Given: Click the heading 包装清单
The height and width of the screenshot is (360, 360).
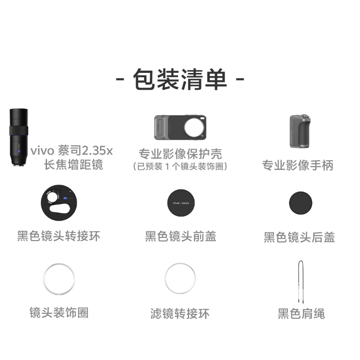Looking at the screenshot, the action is [180, 79].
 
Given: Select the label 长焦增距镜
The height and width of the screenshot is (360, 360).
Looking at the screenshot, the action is [73, 165].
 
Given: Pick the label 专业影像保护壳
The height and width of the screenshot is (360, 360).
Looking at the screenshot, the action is [180, 154].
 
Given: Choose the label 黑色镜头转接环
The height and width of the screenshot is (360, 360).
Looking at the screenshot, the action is [59, 236].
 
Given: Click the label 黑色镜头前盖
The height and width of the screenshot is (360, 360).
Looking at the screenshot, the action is [180, 236].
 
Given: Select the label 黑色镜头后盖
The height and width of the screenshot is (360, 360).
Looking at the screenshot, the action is [299, 237].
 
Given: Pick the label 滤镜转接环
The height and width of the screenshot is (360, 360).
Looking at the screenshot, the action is [180, 314].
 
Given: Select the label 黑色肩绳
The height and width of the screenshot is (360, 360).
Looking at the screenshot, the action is [301, 314].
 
